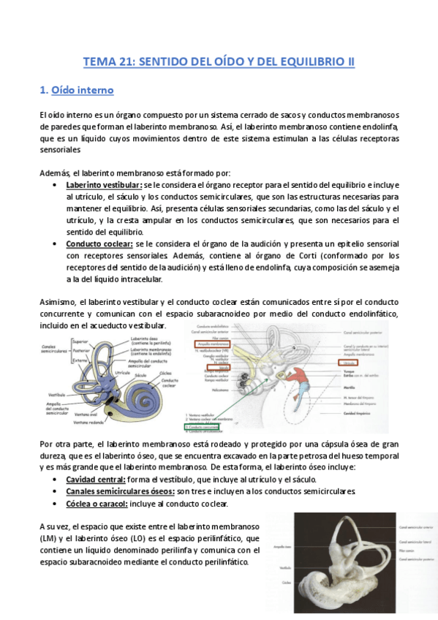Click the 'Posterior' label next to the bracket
point(80,349)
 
